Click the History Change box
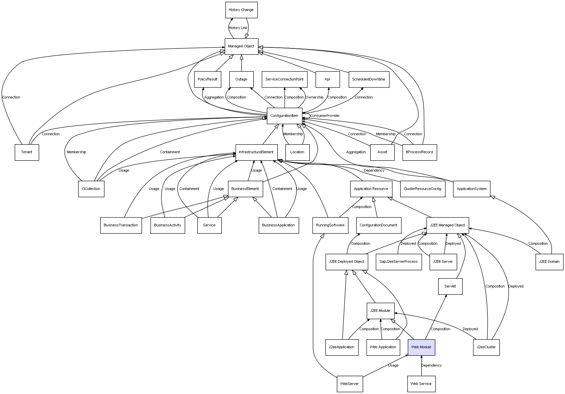coord(241,10)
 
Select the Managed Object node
coord(241,46)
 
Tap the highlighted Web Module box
coord(421,347)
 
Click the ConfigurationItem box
coord(284,116)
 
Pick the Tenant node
coord(27,152)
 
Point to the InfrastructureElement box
coord(256,152)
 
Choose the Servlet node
coord(450,286)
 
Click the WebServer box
coord(350,384)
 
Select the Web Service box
coord(421,384)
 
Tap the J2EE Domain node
coord(549,261)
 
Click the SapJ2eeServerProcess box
coord(399,261)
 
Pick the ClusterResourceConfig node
coord(422,189)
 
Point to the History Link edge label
coord(238,28)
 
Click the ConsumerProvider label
coord(325,116)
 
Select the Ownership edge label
coord(314,97)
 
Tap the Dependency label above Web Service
coord(431,366)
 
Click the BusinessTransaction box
coord(121,225)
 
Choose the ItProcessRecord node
coord(419,152)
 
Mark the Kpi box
coord(327,79)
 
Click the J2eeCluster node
coord(486,347)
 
